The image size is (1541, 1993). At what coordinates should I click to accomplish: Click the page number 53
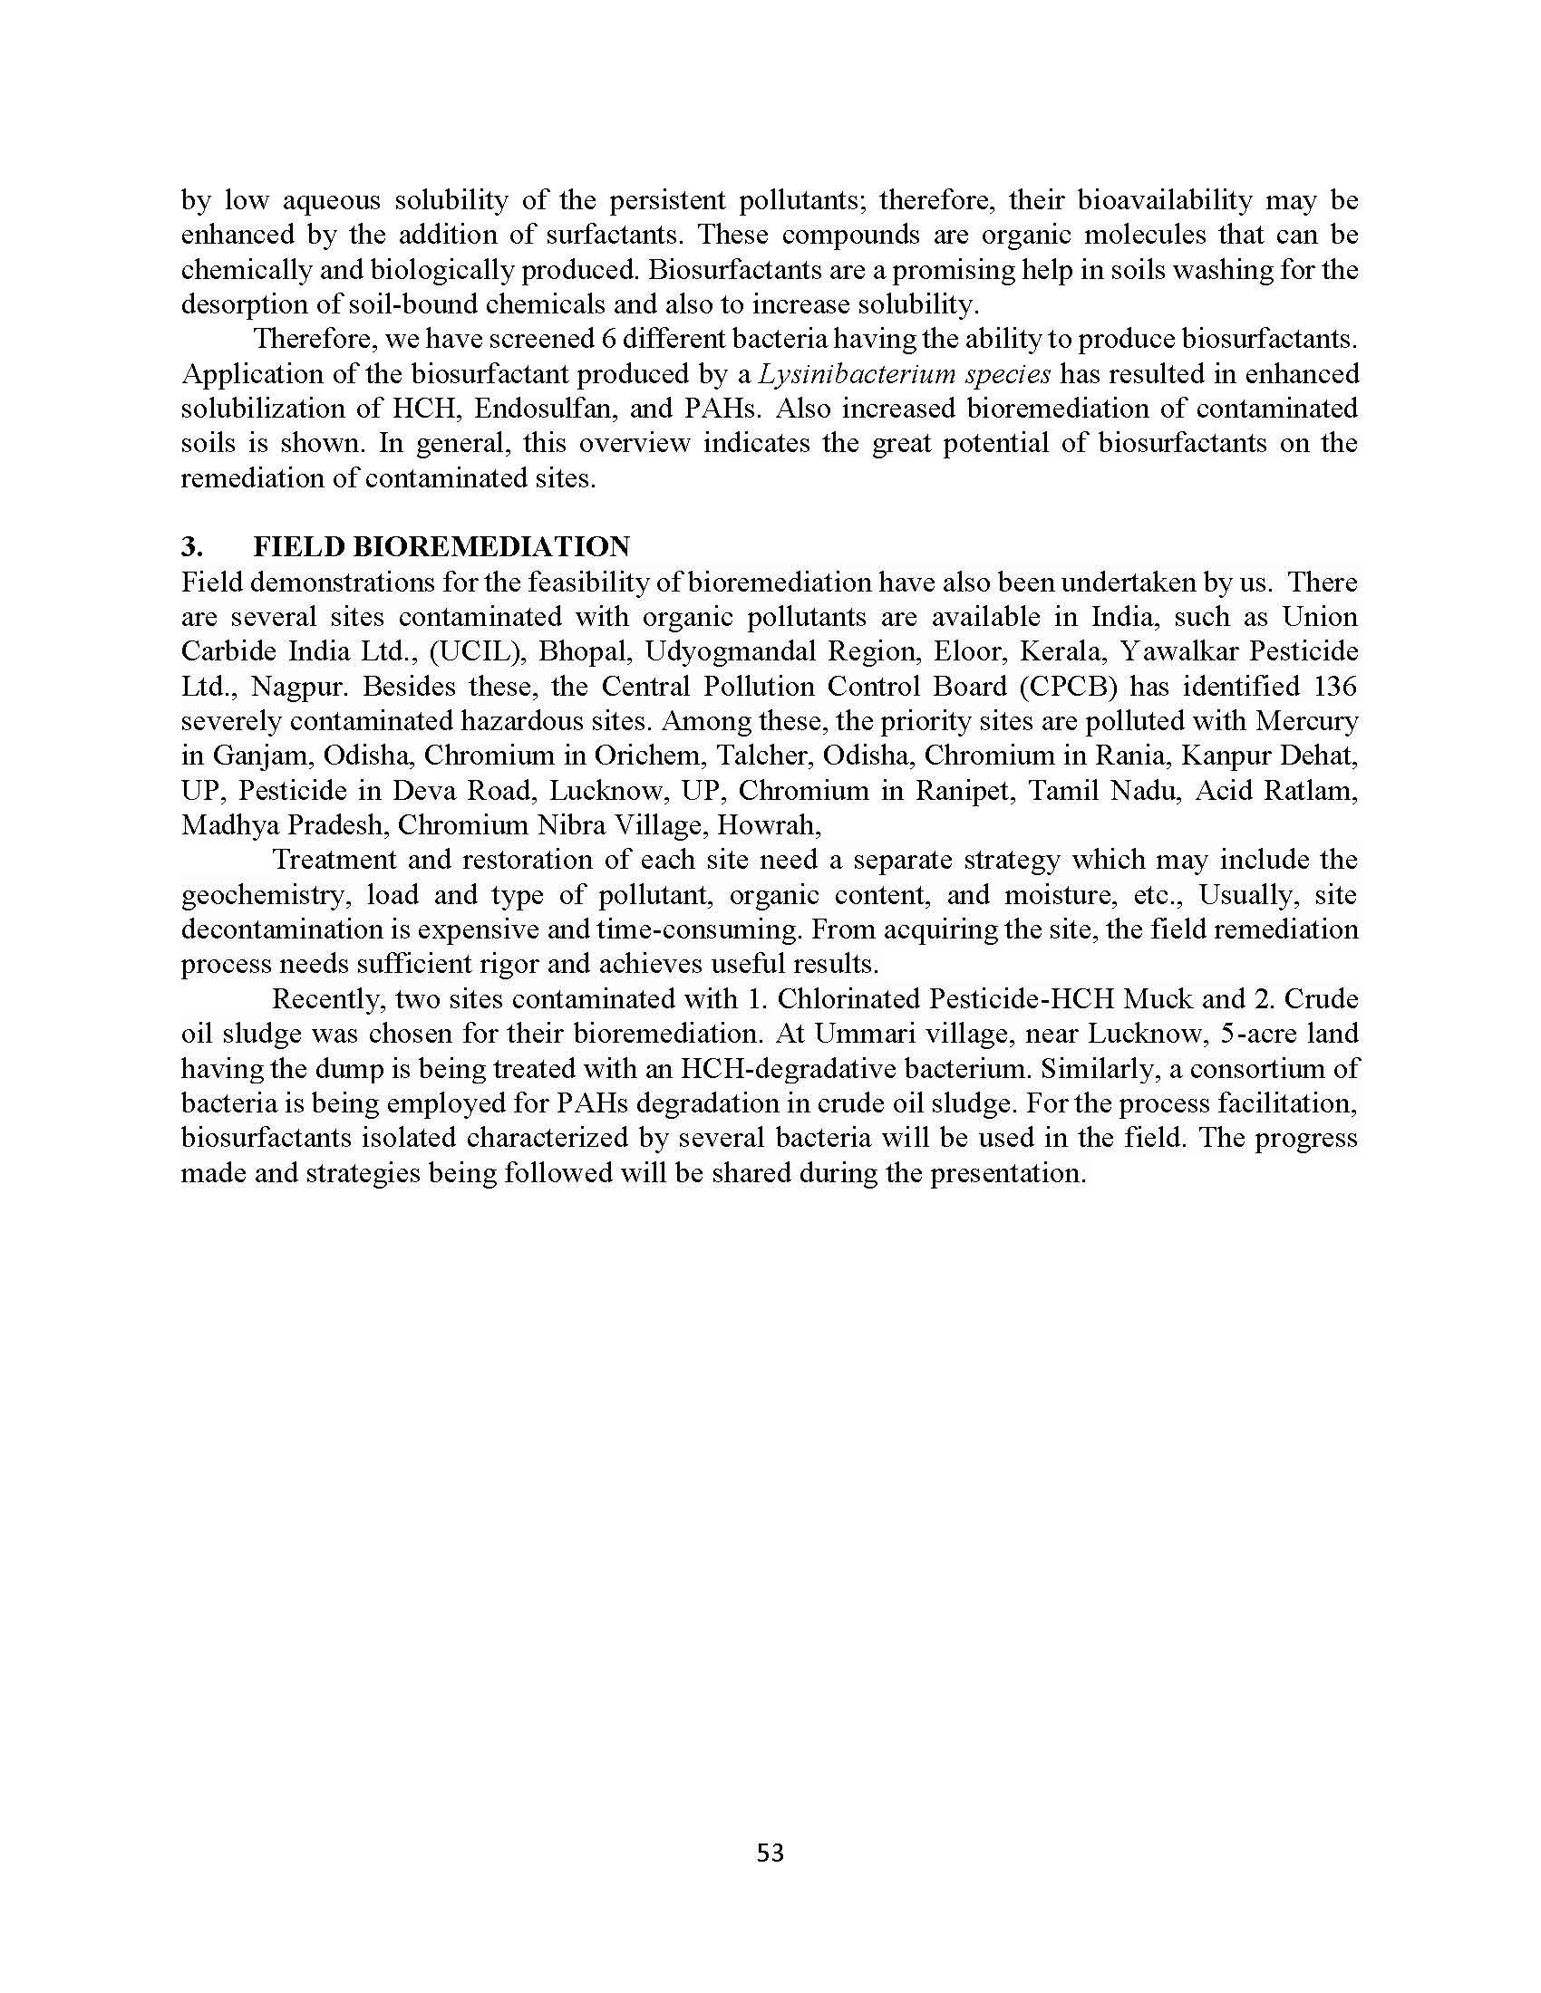pyautogui.click(x=770, y=1852)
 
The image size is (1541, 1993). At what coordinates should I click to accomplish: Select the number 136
pyautogui.click(x=1334, y=687)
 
